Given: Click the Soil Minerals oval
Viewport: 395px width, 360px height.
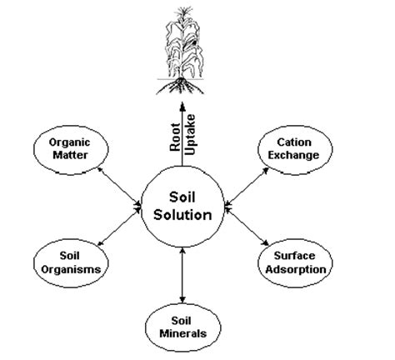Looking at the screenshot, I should pyautogui.click(x=182, y=325).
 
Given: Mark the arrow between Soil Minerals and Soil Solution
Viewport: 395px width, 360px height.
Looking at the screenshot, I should pyautogui.click(x=182, y=277).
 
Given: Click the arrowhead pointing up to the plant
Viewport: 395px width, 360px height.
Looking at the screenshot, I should pyautogui.click(x=182, y=100).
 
